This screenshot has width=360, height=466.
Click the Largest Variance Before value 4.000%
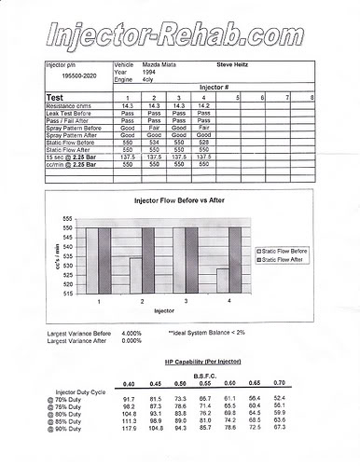pyautogui.click(x=132, y=333)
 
